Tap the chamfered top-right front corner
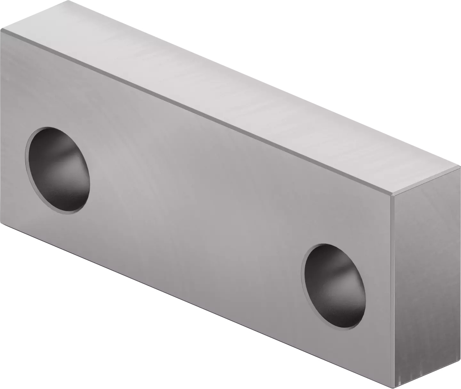[392, 195]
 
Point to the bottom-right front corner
[394, 388]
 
